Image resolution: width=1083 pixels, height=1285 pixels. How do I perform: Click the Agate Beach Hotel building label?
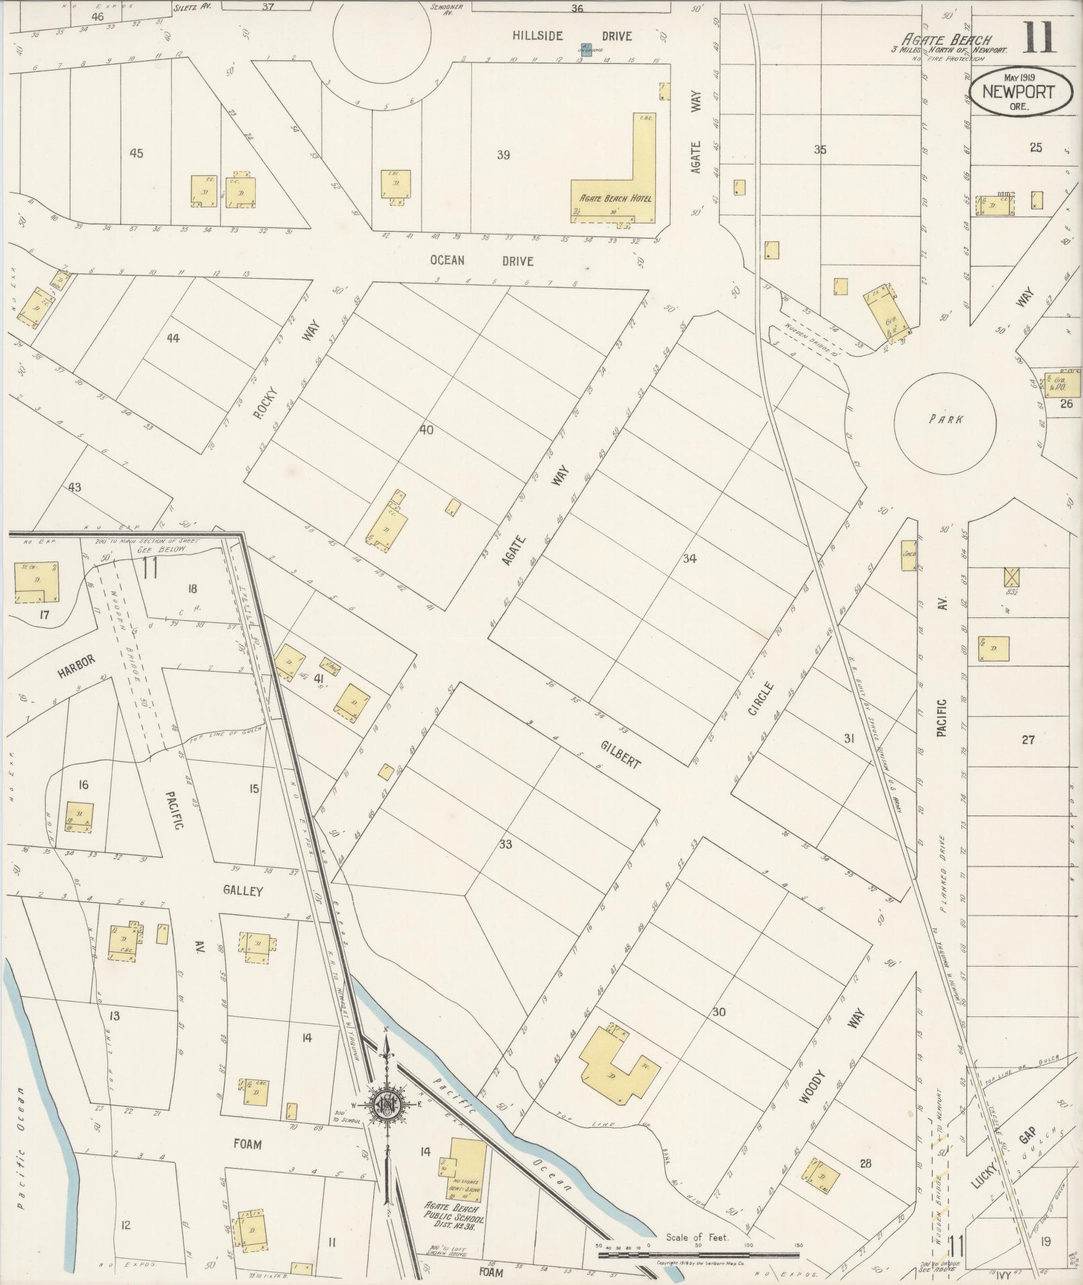pyautogui.click(x=610, y=199)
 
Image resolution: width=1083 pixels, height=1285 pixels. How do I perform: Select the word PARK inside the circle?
pyautogui.click(x=945, y=419)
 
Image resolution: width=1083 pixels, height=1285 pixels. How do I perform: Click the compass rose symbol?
pyautogui.click(x=387, y=1104)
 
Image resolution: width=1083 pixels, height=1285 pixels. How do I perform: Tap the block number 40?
pyautogui.click(x=426, y=430)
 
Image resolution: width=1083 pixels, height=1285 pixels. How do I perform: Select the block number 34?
pyautogui.click(x=690, y=558)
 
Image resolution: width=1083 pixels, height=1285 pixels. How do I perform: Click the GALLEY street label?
pyautogui.click(x=243, y=891)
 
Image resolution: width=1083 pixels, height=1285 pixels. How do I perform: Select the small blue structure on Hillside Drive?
pyautogui.click(x=585, y=50)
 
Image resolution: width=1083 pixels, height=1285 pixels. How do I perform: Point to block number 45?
pyautogui.click(x=136, y=154)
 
